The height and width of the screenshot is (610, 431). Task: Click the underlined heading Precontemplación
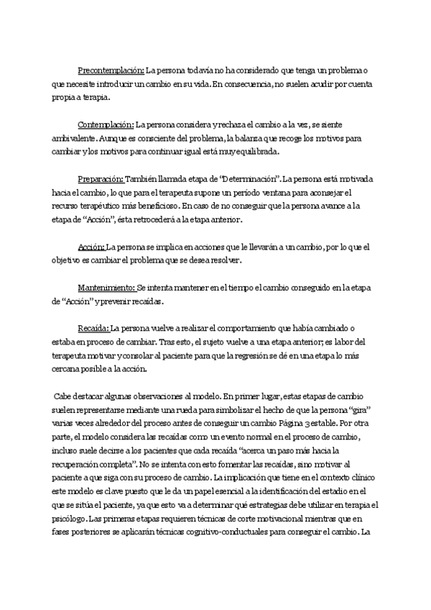click(111, 70)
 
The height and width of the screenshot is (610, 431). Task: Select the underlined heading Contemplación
click(105, 125)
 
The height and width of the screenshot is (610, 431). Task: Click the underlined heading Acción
click(91, 246)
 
